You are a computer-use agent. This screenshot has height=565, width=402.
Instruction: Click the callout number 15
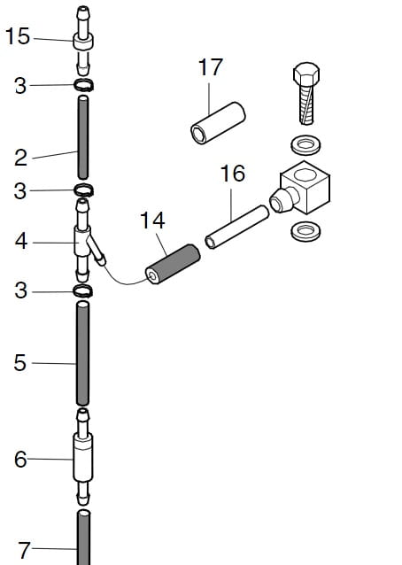(18, 36)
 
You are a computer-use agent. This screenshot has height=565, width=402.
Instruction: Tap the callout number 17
(211, 67)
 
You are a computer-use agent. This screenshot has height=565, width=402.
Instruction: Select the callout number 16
(233, 174)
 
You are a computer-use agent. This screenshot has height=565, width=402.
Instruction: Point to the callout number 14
(152, 221)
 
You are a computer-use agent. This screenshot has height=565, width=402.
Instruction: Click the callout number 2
(21, 158)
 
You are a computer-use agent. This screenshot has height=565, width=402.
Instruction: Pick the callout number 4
(21, 242)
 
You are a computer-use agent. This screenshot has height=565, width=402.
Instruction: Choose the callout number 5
(20, 363)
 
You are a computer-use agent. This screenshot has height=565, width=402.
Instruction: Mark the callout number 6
(20, 460)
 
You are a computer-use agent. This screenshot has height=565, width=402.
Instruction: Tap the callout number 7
(24, 550)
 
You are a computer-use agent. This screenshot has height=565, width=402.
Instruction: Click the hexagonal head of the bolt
(306, 75)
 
